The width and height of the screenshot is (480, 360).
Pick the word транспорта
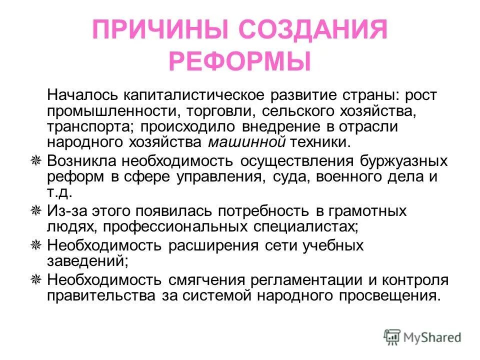(90, 126)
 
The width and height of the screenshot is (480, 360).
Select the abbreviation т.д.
(59, 192)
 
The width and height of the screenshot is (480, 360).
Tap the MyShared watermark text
(433, 337)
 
